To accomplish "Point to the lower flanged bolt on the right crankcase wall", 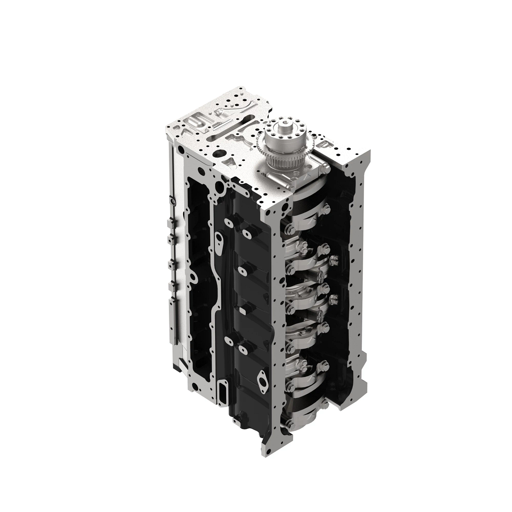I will pyautogui.click(x=334, y=298).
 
